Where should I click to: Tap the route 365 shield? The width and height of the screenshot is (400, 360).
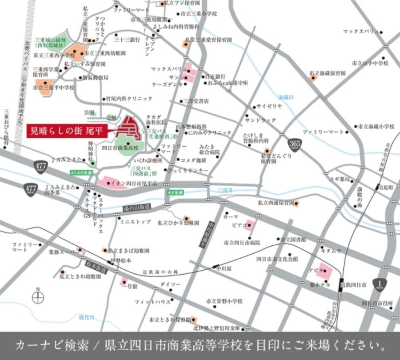294,144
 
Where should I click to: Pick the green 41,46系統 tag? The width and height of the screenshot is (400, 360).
81,172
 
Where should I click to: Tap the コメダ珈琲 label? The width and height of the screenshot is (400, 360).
194,160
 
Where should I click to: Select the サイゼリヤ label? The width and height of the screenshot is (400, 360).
270,107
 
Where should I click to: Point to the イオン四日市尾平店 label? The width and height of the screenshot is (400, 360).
129,183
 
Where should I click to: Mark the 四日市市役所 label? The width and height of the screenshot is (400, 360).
377,303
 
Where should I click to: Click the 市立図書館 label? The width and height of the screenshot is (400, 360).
294,240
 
